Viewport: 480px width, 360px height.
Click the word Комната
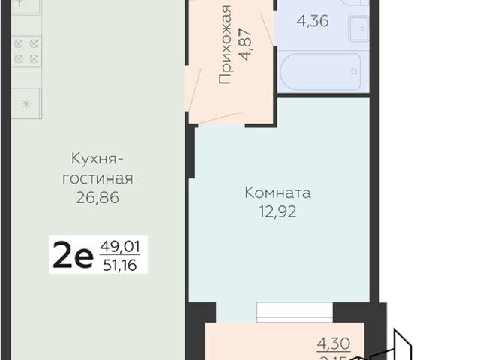pyautogui.click(x=277, y=193)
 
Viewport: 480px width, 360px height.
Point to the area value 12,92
pyautogui.click(x=277, y=212)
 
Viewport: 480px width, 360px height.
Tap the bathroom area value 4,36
pyautogui.click(x=312, y=22)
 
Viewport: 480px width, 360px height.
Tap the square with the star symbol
pyautogui.click(x=25, y=103)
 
